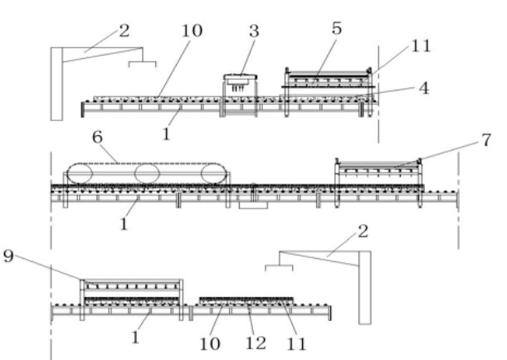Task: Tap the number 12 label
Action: pos(251,341)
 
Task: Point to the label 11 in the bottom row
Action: pos(295,341)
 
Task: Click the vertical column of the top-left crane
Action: pos(56,83)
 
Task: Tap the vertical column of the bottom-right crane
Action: pos(364,286)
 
